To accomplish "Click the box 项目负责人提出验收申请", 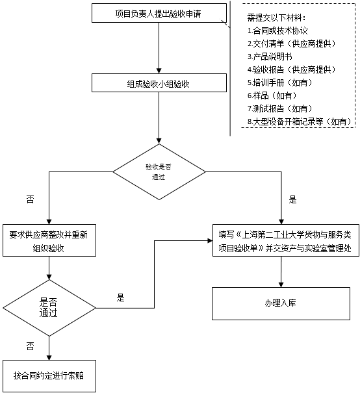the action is [x=159, y=13].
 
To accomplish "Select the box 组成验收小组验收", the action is [x=159, y=82].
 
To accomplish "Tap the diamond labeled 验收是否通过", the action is [x=159, y=171].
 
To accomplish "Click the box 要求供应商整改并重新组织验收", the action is [x=49, y=240].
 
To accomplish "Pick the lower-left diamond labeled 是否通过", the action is [x=49, y=308].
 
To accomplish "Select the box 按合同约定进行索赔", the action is [x=49, y=376].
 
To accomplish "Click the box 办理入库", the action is [x=281, y=303].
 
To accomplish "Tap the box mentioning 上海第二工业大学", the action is [x=286, y=240].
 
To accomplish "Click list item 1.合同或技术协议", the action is [x=277, y=31].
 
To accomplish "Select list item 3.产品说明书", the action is [x=270, y=57].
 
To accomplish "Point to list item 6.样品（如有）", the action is [x=272, y=95].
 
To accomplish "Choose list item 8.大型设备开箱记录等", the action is [x=300, y=121].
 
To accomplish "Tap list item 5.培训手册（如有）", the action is [x=280, y=82].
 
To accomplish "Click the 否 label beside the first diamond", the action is [x=30, y=200].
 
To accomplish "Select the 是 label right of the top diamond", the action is [x=292, y=200].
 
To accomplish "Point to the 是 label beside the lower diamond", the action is [x=120, y=298].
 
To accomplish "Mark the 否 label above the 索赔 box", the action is [x=30, y=346].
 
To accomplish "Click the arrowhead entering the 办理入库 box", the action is [x=281, y=285].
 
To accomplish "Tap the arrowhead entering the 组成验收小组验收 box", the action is [x=159, y=71].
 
